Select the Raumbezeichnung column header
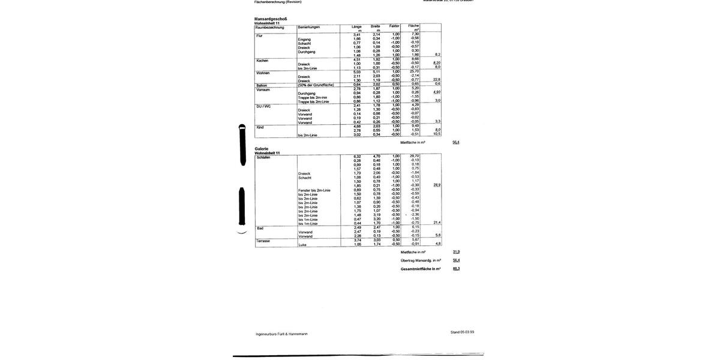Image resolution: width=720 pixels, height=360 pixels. coord(269,27)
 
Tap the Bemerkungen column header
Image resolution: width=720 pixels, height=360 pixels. coord(309,27)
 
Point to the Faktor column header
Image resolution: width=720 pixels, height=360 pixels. coord(394,26)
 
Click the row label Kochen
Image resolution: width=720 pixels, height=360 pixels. coord(262,61)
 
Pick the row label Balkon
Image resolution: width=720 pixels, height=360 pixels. coord(262,85)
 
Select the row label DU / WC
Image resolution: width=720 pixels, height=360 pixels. coord(263,106)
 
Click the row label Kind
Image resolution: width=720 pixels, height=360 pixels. coord(260,127)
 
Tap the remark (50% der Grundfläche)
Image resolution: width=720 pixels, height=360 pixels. coord(316,85)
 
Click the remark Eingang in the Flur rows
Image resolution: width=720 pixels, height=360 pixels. coord(304,40)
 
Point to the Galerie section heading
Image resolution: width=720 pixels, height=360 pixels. coord(262,149)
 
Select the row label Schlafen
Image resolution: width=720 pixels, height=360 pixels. coord(263,157)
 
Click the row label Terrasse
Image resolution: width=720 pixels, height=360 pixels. coord(263,241)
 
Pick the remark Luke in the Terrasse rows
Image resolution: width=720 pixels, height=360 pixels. coord(302,245)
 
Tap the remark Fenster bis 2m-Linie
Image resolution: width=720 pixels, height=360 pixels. coord(314,190)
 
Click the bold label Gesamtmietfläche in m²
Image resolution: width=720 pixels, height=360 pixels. coord(421,269)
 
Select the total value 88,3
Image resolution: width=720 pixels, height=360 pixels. coord(457,268)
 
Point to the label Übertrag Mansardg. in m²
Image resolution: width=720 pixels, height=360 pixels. coord(421,260)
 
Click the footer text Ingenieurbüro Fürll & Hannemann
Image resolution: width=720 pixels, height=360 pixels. coord(281,334)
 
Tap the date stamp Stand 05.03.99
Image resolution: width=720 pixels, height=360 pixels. coord(462,332)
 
